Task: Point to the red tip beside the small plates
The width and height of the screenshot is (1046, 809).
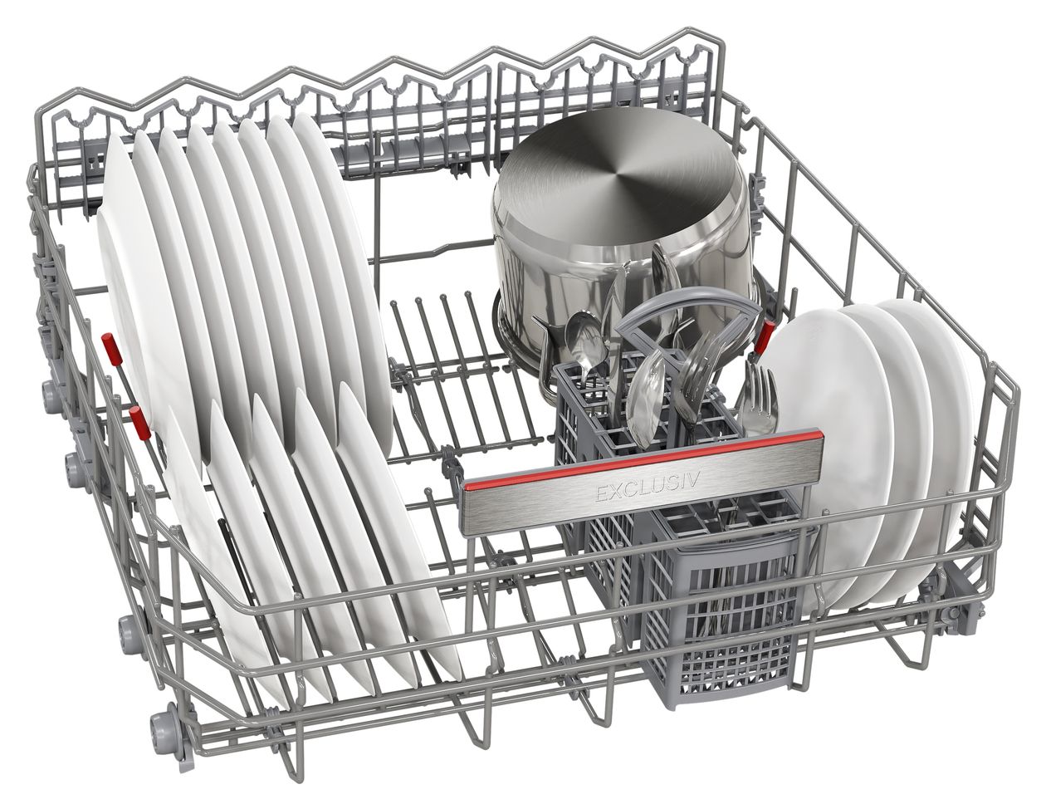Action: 764,338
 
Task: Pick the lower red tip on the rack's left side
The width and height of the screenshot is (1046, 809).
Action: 140,422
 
